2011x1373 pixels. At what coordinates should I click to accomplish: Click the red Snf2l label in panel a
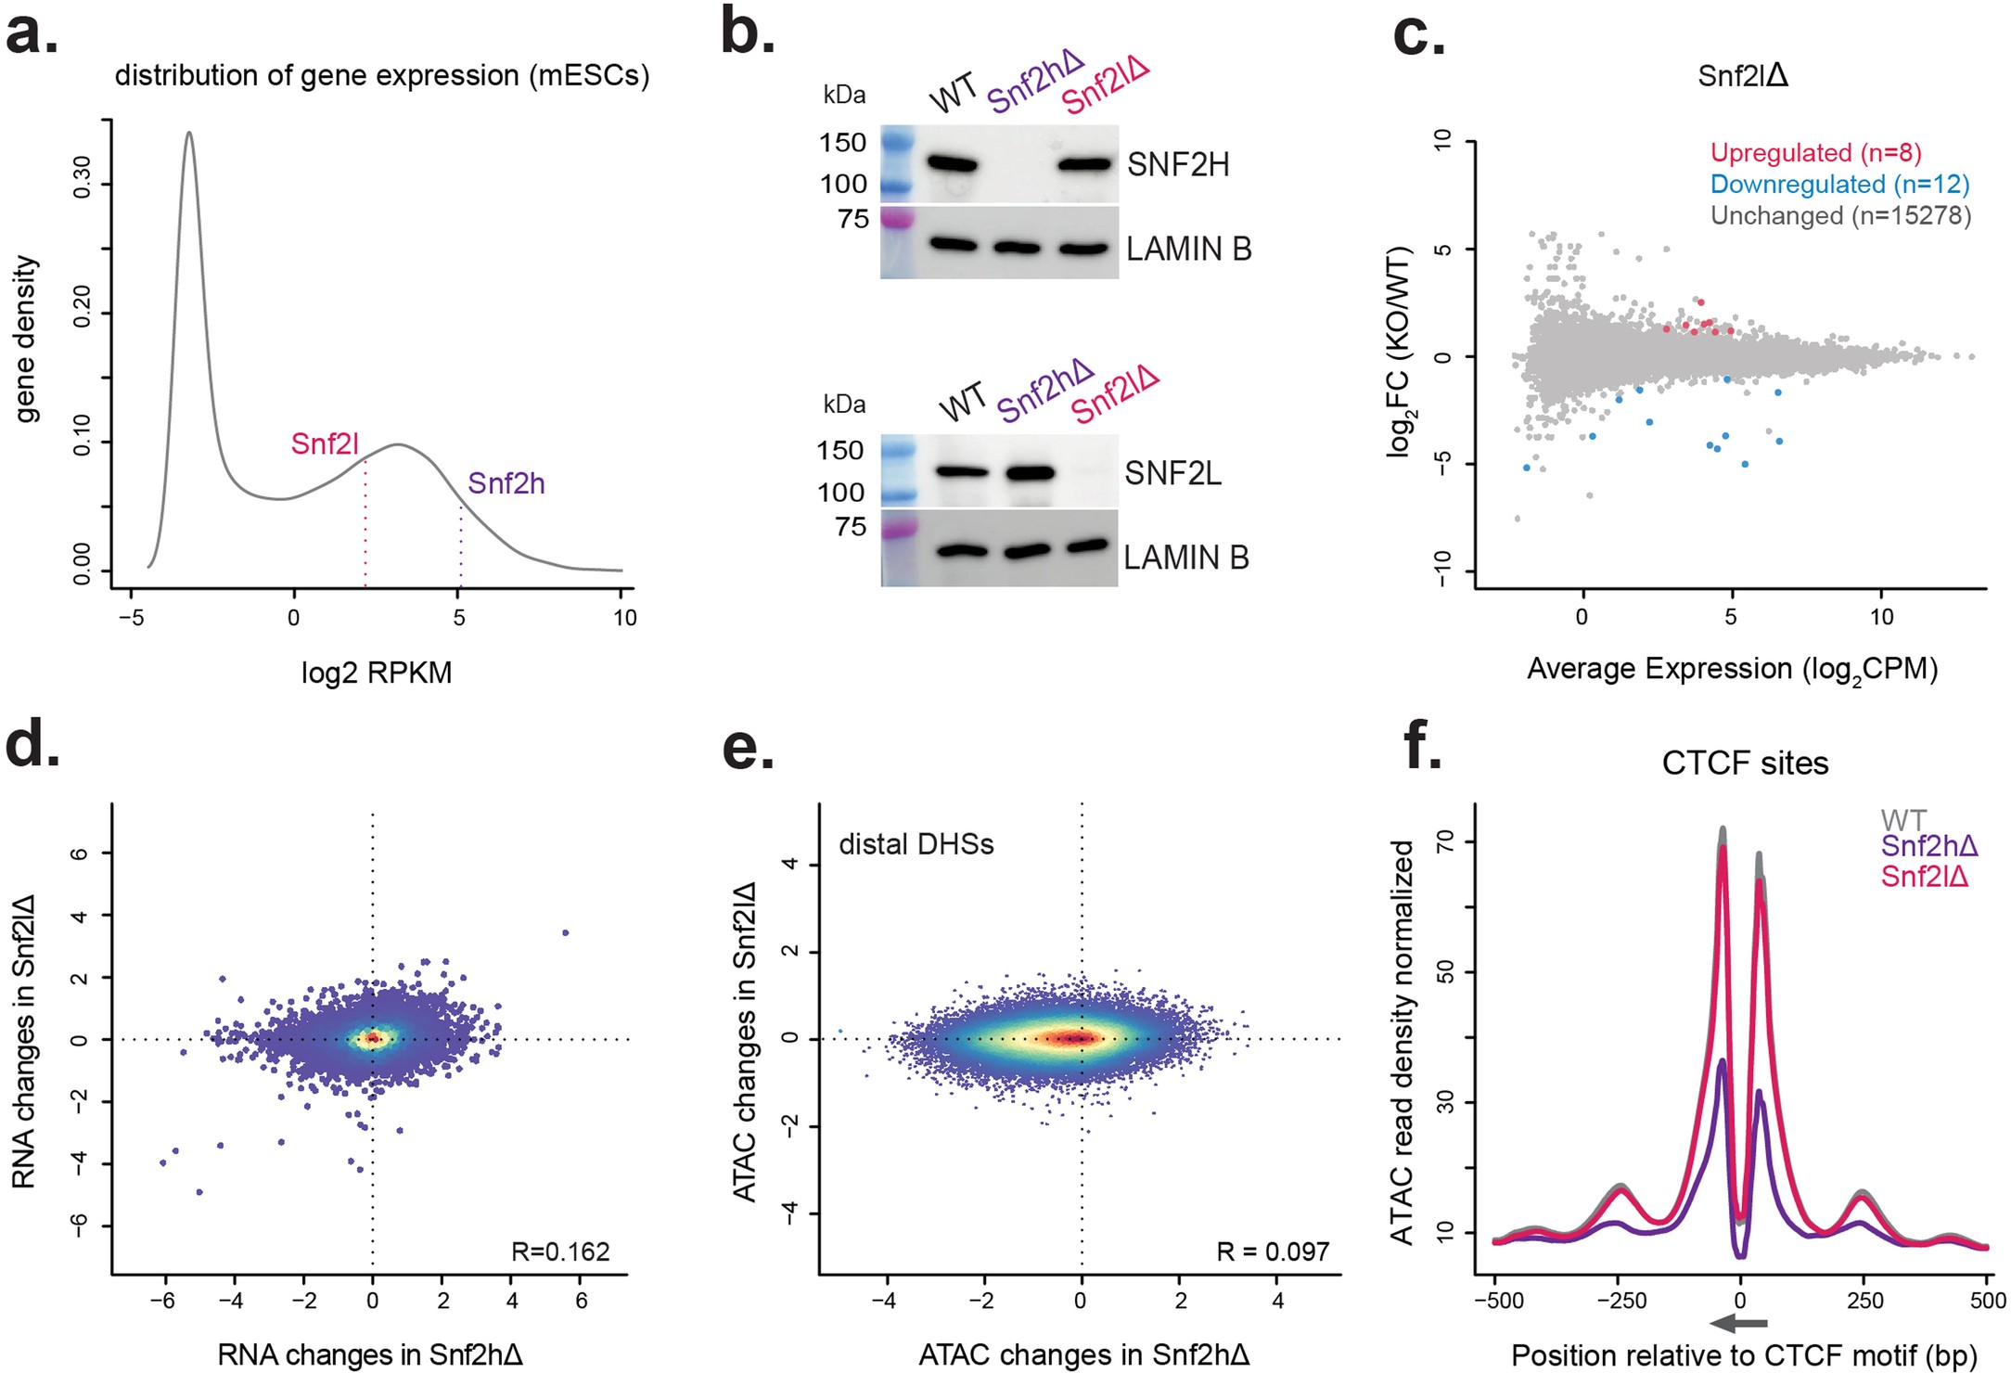pyautogui.click(x=325, y=444)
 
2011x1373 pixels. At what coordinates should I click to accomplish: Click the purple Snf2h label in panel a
pyautogui.click(x=506, y=483)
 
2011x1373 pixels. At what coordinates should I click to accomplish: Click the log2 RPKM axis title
pyautogui.click(x=377, y=673)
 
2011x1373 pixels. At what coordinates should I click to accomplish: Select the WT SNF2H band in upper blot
pyautogui.click(x=953, y=165)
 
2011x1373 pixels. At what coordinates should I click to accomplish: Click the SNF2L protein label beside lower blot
pyautogui.click(x=1172, y=474)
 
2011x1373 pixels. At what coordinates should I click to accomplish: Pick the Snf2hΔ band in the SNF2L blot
pyautogui.click(x=1030, y=472)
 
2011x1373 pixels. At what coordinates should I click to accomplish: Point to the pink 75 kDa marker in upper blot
pyautogui.click(x=897, y=220)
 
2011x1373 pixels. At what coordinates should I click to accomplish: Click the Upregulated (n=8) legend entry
pyautogui.click(x=1815, y=153)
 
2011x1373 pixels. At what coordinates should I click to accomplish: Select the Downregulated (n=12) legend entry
pyautogui.click(x=1838, y=185)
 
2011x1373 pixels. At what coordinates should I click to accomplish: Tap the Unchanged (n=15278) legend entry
pyautogui.click(x=1840, y=216)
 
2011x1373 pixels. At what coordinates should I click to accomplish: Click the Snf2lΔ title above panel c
pyautogui.click(x=1742, y=76)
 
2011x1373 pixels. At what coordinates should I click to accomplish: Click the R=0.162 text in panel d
pyautogui.click(x=560, y=1251)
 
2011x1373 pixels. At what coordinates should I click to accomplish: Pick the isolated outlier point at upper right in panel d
pyautogui.click(x=565, y=932)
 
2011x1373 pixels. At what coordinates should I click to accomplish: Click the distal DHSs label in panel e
pyautogui.click(x=916, y=844)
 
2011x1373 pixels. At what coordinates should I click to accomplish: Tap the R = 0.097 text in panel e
pyautogui.click(x=1273, y=1251)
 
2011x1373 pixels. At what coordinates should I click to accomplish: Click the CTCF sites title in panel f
pyautogui.click(x=1745, y=763)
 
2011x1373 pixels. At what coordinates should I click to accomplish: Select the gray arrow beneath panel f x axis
pyautogui.click(x=1739, y=1324)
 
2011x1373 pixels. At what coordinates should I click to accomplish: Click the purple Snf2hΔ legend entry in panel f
pyautogui.click(x=1929, y=846)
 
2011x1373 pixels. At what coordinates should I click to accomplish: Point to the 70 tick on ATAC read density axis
pyautogui.click(x=1443, y=841)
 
